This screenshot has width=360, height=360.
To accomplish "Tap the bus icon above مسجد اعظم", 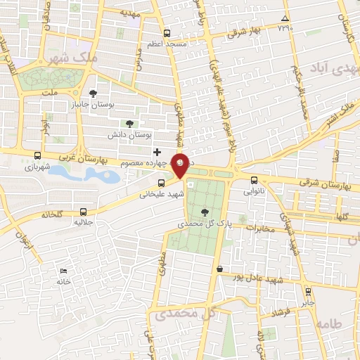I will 167,33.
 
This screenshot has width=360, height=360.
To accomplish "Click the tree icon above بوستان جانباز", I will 94,93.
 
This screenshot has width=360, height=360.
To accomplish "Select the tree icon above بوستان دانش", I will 129,123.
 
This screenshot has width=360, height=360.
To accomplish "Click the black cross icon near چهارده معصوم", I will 157,152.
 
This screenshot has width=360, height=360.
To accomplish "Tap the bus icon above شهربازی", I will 38,157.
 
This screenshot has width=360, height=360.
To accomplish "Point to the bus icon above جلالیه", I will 84,211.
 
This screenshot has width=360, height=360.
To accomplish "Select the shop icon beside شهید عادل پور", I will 220,268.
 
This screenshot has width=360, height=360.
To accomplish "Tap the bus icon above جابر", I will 307,291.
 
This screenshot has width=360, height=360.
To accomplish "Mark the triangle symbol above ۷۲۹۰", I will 284,18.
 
